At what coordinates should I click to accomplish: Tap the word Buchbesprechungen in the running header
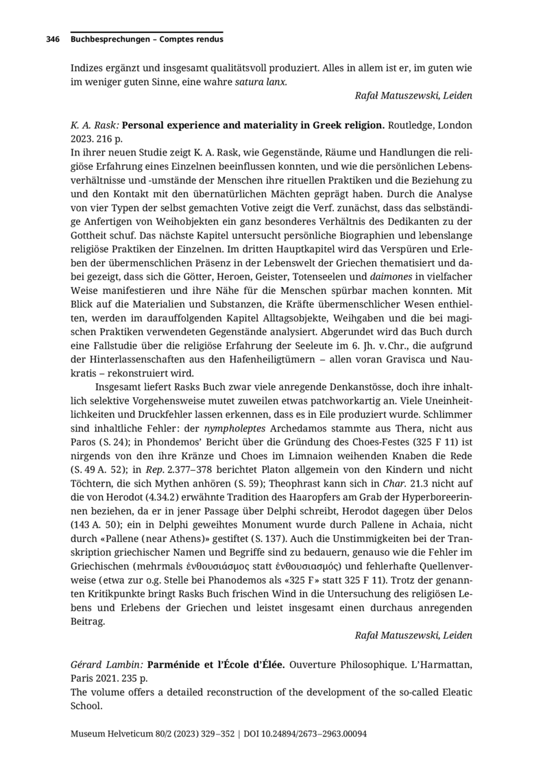coord(110,40)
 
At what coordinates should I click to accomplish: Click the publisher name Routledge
coord(412,125)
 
